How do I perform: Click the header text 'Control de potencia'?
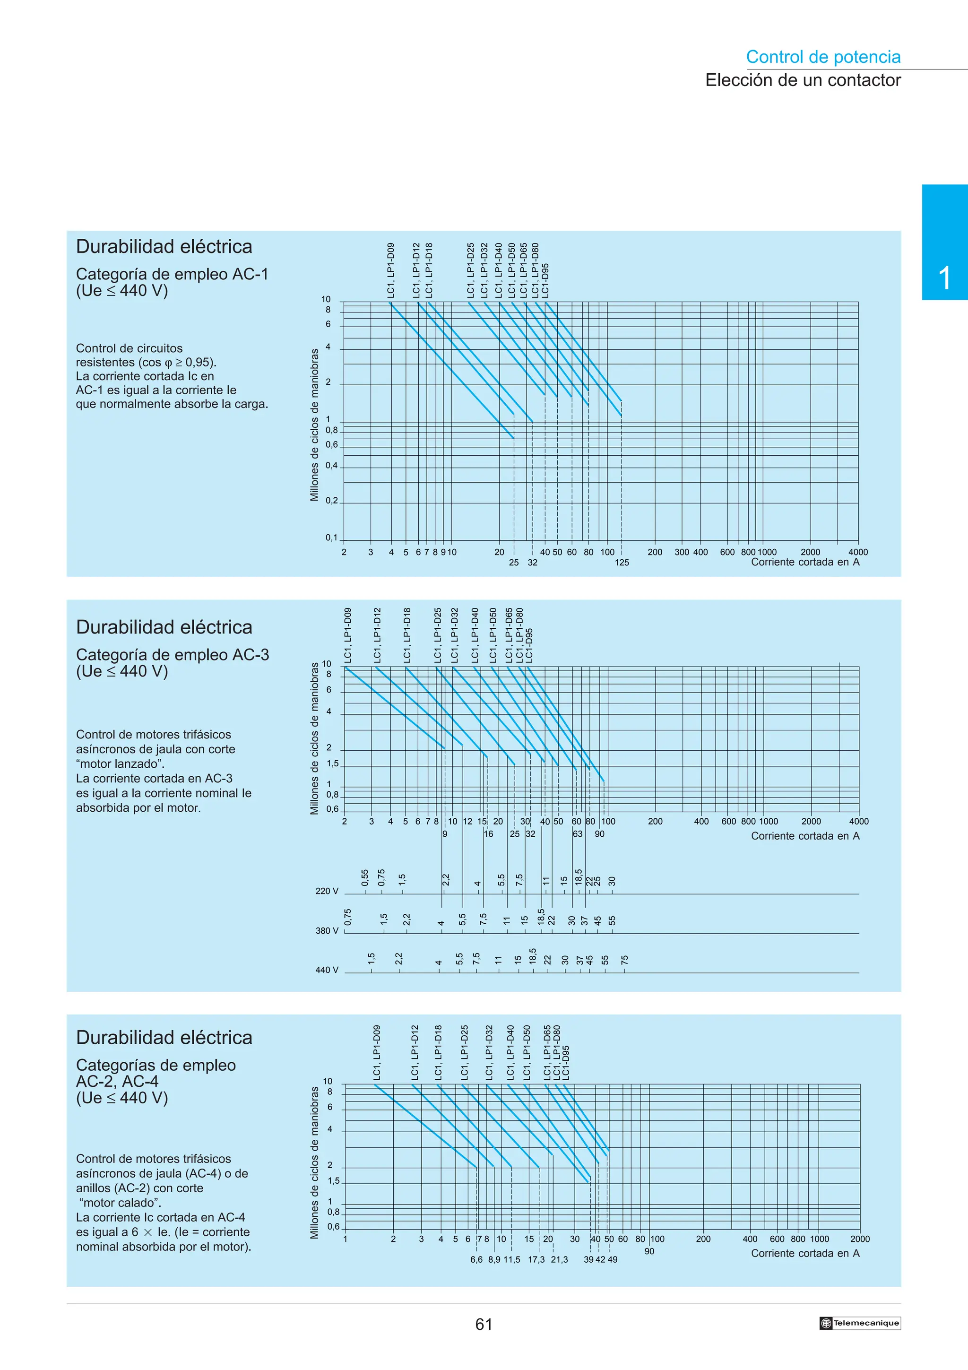click(822, 57)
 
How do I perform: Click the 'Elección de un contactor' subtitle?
click(802, 80)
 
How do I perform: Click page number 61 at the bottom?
click(484, 1324)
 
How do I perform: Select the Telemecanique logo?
click(859, 1323)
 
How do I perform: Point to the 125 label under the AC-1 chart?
click(622, 562)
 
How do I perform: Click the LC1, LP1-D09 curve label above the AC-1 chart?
click(391, 270)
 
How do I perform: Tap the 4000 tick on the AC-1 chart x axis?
click(858, 552)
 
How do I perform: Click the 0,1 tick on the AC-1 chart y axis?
click(331, 538)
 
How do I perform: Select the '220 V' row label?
click(327, 891)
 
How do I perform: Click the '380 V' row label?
click(327, 930)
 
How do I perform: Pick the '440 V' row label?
click(327, 970)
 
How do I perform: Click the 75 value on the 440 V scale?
click(624, 960)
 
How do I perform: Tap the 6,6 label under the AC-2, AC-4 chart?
click(476, 1259)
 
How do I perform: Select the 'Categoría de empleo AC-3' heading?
click(173, 655)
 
